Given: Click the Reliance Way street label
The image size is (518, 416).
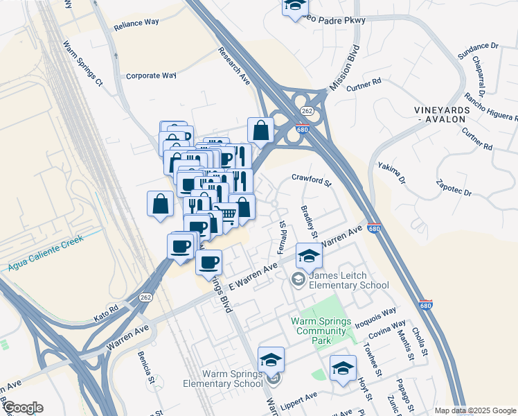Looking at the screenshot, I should tap(137, 22).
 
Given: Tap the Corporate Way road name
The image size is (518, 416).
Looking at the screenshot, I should tap(151, 76).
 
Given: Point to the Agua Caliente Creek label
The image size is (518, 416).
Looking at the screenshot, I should tap(46, 252).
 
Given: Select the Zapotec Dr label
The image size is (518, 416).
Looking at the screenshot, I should tap(454, 187).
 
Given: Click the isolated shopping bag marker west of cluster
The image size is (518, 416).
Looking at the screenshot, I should tap(160, 204).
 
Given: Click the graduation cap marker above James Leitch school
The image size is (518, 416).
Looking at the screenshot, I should tap(309, 256).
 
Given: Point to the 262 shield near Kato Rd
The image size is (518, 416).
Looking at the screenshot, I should tap(145, 297).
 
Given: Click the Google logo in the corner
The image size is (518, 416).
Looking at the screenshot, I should tap(23, 408).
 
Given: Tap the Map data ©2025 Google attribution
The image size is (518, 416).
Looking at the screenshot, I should tap(474, 410).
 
